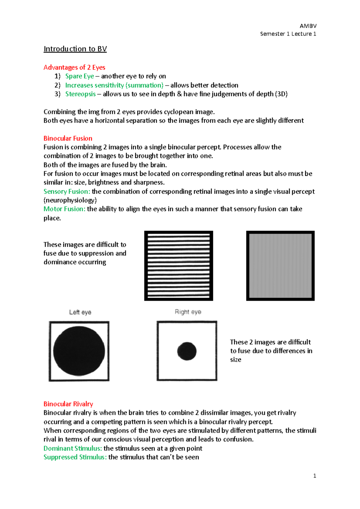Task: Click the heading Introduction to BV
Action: (75, 49)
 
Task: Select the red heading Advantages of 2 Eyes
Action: (74, 67)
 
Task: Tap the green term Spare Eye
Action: (79, 76)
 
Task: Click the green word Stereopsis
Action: (80, 94)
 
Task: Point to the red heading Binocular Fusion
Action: (68, 138)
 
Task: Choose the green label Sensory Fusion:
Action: (67, 191)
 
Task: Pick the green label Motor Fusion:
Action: (64, 209)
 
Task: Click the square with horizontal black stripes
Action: (178, 266)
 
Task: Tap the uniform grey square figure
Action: (280, 266)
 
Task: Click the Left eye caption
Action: (80, 312)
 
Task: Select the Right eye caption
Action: (188, 312)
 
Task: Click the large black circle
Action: (79, 351)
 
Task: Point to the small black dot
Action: (187, 351)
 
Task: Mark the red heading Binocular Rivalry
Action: (68, 404)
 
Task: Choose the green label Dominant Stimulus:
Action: (73, 448)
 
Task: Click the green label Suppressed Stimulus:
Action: (75, 457)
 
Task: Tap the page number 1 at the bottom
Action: (314, 476)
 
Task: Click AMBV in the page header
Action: (308, 26)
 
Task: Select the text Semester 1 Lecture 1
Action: (288, 34)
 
